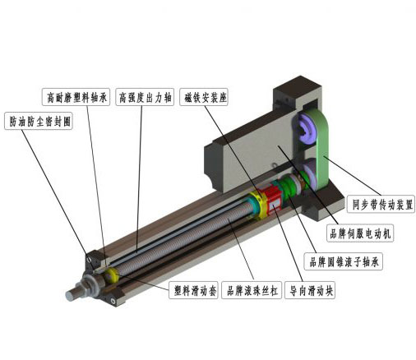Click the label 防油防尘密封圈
click(x=39, y=121)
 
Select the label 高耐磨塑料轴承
click(x=76, y=97)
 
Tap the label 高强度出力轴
click(x=145, y=97)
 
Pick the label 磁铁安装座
click(x=204, y=97)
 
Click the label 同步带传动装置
click(x=381, y=204)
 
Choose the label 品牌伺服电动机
click(x=360, y=233)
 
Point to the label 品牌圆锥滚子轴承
click(x=344, y=261)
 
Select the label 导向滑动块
click(x=310, y=290)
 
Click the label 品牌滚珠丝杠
click(x=252, y=290)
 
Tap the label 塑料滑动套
click(x=193, y=290)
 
